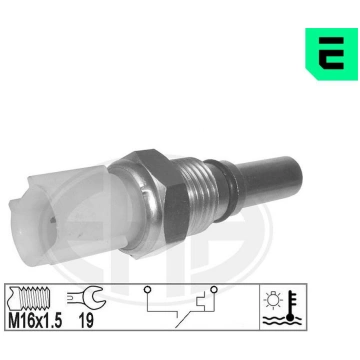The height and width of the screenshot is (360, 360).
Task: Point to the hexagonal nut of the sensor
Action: [x=148, y=204]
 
